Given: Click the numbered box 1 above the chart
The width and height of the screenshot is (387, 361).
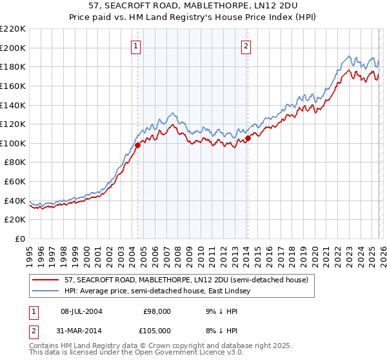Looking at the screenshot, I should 137,46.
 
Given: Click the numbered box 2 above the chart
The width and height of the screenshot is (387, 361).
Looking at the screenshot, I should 247,46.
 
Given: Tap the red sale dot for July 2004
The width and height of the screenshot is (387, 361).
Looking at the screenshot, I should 137,145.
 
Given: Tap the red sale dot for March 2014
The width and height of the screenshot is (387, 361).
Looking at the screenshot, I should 248,139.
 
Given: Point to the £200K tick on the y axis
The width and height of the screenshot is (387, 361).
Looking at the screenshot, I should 14,48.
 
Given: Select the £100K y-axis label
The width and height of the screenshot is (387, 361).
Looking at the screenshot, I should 14,143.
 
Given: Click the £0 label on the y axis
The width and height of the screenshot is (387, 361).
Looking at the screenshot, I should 19,239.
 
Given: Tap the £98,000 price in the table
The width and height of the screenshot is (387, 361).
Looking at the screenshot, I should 157,311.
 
